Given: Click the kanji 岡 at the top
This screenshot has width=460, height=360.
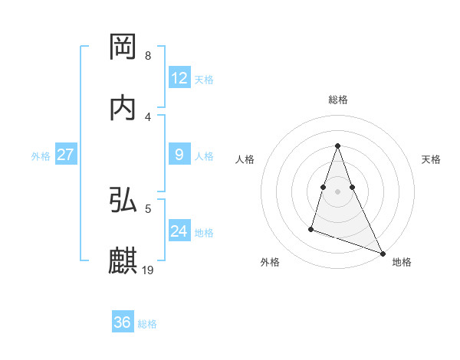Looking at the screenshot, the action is [x=123, y=47].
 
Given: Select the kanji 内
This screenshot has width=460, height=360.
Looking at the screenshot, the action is [x=123, y=108].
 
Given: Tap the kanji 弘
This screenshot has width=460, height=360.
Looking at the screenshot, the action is [x=123, y=200].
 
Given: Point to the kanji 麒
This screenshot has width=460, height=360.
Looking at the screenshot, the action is [x=123, y=261].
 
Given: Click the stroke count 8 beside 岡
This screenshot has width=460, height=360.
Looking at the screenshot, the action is [x=147, y=56].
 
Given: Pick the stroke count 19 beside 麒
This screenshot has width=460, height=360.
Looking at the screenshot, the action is [x=149, y=270].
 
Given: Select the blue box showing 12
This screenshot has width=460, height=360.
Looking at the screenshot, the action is [x=179, y=78].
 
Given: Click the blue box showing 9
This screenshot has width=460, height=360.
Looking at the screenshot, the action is [x=179, y=155].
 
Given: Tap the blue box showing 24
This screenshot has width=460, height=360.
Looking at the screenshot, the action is [x=179, y=231].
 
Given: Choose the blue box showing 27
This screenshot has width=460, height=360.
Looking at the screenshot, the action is [x=66, y=155].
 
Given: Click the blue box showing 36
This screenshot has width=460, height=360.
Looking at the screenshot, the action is [x=123, y=322].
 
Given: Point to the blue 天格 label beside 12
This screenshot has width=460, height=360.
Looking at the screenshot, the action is [x=204, y=80].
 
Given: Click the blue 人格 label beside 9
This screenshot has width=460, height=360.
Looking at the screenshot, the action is [x=204, y=156].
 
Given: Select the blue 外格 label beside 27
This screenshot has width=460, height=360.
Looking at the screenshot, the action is [x=41, y=156].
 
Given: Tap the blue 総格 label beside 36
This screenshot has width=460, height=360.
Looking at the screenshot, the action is [x=147, y=324].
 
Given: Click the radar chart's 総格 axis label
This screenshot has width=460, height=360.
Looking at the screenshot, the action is [x=338, y=100].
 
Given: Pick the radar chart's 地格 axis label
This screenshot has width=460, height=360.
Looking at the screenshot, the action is [x=402, y=262].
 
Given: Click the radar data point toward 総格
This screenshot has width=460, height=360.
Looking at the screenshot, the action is [x=337, y=146].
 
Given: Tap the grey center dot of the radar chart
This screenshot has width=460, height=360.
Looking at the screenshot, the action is [x=337, y=191].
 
